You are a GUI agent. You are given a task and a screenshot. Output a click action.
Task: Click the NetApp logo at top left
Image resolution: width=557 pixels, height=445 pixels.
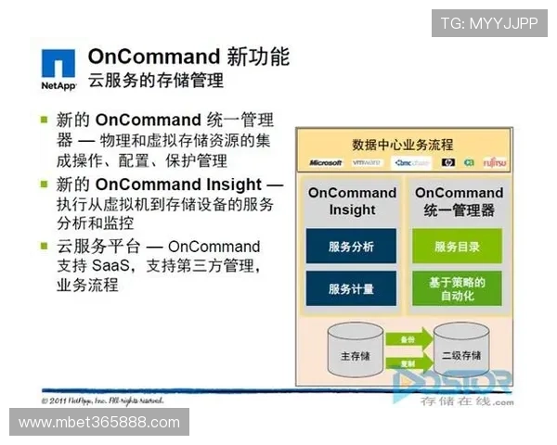58,70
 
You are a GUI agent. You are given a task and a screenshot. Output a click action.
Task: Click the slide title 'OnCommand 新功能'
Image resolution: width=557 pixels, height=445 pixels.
188,57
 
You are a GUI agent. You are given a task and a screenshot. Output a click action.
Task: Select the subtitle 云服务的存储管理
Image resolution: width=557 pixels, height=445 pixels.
156,82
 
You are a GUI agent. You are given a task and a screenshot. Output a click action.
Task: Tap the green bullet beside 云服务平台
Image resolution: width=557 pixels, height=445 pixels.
44,246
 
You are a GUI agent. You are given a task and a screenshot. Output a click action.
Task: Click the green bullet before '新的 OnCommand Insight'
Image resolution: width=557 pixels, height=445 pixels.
44,184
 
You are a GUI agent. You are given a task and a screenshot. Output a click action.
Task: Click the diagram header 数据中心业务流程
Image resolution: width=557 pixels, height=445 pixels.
403,145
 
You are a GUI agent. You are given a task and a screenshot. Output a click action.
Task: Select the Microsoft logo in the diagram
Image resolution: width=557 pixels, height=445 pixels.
326,163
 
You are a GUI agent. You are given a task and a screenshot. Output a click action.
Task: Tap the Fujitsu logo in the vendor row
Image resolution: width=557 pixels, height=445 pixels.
494,163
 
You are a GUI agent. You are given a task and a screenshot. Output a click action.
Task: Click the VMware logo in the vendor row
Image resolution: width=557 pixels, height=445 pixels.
367,163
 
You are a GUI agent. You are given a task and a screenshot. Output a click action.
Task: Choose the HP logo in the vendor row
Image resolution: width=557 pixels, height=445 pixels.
448,163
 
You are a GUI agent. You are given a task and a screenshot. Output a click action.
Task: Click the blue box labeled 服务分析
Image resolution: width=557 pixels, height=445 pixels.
351,247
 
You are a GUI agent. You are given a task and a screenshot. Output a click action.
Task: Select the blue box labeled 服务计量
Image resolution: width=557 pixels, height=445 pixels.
351,288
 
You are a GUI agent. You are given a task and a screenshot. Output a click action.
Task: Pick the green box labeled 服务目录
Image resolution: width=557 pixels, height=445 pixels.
457,247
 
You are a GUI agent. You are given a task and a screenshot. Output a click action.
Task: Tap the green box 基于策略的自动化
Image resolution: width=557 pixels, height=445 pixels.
457,288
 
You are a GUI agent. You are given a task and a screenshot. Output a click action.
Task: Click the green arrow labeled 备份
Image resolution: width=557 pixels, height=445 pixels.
408,340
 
